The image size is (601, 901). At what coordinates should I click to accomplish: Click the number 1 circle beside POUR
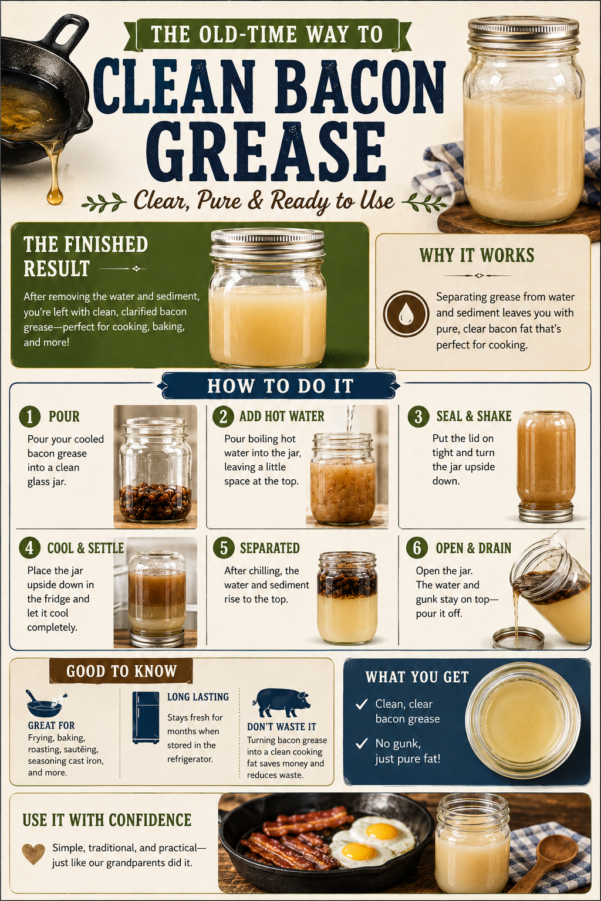point(30,416)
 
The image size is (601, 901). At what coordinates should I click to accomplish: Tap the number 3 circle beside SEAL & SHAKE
point(418,416)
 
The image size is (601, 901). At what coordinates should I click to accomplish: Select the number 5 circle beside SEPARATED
point(224,548)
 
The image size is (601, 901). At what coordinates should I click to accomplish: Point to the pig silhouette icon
point(282,703)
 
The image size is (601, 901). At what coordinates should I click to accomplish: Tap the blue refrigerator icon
point(146,717)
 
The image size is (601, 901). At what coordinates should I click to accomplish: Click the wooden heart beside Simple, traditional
point(33,853)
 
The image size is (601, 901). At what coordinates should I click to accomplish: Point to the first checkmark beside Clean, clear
point(362,704)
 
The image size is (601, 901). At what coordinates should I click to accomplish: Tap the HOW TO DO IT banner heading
point(280,386)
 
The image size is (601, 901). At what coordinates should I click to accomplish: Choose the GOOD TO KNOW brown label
point(121,671)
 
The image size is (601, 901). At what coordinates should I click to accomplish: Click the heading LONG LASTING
point(198,697)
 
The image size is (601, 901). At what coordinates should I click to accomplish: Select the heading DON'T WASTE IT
point(282,727)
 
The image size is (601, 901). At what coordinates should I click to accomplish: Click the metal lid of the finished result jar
point(268,243)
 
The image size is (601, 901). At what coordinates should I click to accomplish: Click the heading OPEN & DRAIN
point(474,548)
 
